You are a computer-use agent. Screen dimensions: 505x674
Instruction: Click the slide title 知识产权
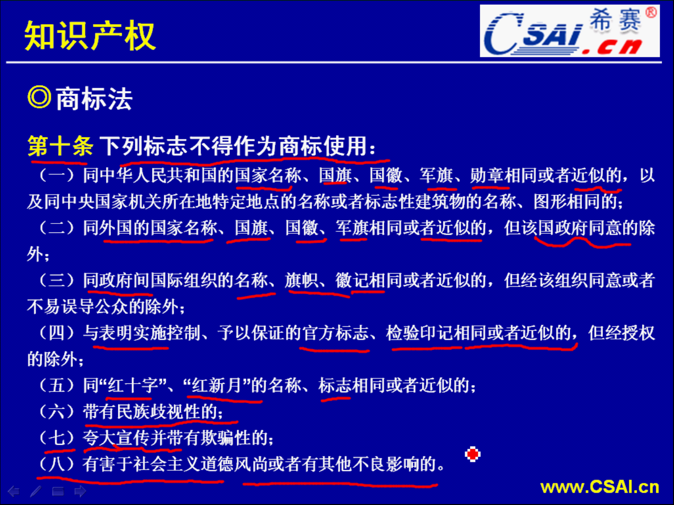(89, 36)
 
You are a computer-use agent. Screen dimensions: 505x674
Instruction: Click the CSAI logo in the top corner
(569, 31)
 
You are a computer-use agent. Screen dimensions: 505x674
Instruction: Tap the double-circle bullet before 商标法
(39, 98)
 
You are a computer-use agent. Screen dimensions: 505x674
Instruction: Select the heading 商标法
(94, 99)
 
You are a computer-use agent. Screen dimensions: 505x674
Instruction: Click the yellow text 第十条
(60, 146)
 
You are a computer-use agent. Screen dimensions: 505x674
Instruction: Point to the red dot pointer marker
(473, 454)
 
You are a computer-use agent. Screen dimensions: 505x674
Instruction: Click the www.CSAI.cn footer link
(600, 487)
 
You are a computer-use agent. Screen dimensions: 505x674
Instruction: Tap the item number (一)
(57, 175)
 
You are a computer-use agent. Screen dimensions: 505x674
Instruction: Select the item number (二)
(57, 228)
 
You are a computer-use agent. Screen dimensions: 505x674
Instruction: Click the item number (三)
(57, 281)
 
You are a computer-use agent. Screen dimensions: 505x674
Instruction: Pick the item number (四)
(57, 333)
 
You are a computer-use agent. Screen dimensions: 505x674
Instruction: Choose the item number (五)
(57, 385)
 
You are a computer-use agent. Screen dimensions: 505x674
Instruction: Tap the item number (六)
(57, 411)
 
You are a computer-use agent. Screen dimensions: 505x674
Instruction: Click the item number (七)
(57, 438)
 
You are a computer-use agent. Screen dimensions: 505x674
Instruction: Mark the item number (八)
(57, 464)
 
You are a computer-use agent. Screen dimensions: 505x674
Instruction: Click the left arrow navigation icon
(14, 491)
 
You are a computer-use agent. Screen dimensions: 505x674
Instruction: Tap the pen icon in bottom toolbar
(36, 491)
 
